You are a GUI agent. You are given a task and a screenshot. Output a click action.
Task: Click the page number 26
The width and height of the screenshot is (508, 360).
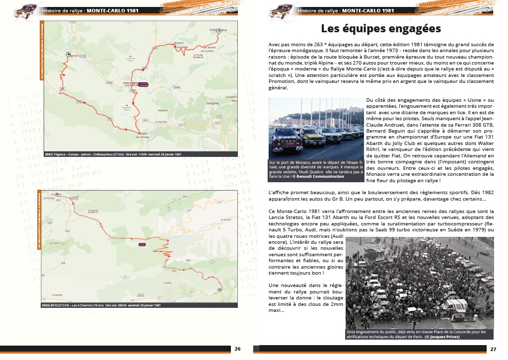tap(237, 349)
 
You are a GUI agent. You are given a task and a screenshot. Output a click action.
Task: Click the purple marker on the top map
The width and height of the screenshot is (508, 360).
tap(143, 84)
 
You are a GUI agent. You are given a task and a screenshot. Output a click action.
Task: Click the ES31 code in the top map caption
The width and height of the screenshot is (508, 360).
tap(48, 154)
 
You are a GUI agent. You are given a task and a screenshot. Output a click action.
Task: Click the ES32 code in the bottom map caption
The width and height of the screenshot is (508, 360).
tap(48, 305)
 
